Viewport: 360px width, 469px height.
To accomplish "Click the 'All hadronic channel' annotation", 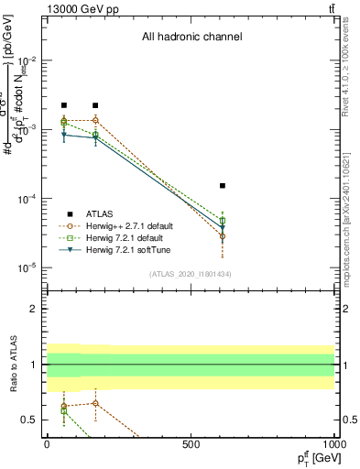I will [x=191, y=38].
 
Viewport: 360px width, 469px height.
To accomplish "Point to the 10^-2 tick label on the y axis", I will [x=26, y=60].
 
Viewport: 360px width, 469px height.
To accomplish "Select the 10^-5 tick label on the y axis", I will [x=26, y=267].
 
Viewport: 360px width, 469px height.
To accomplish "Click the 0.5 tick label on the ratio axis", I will [x=29, y=420].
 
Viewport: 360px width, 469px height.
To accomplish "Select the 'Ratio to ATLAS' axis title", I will [x=11, y=364].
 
